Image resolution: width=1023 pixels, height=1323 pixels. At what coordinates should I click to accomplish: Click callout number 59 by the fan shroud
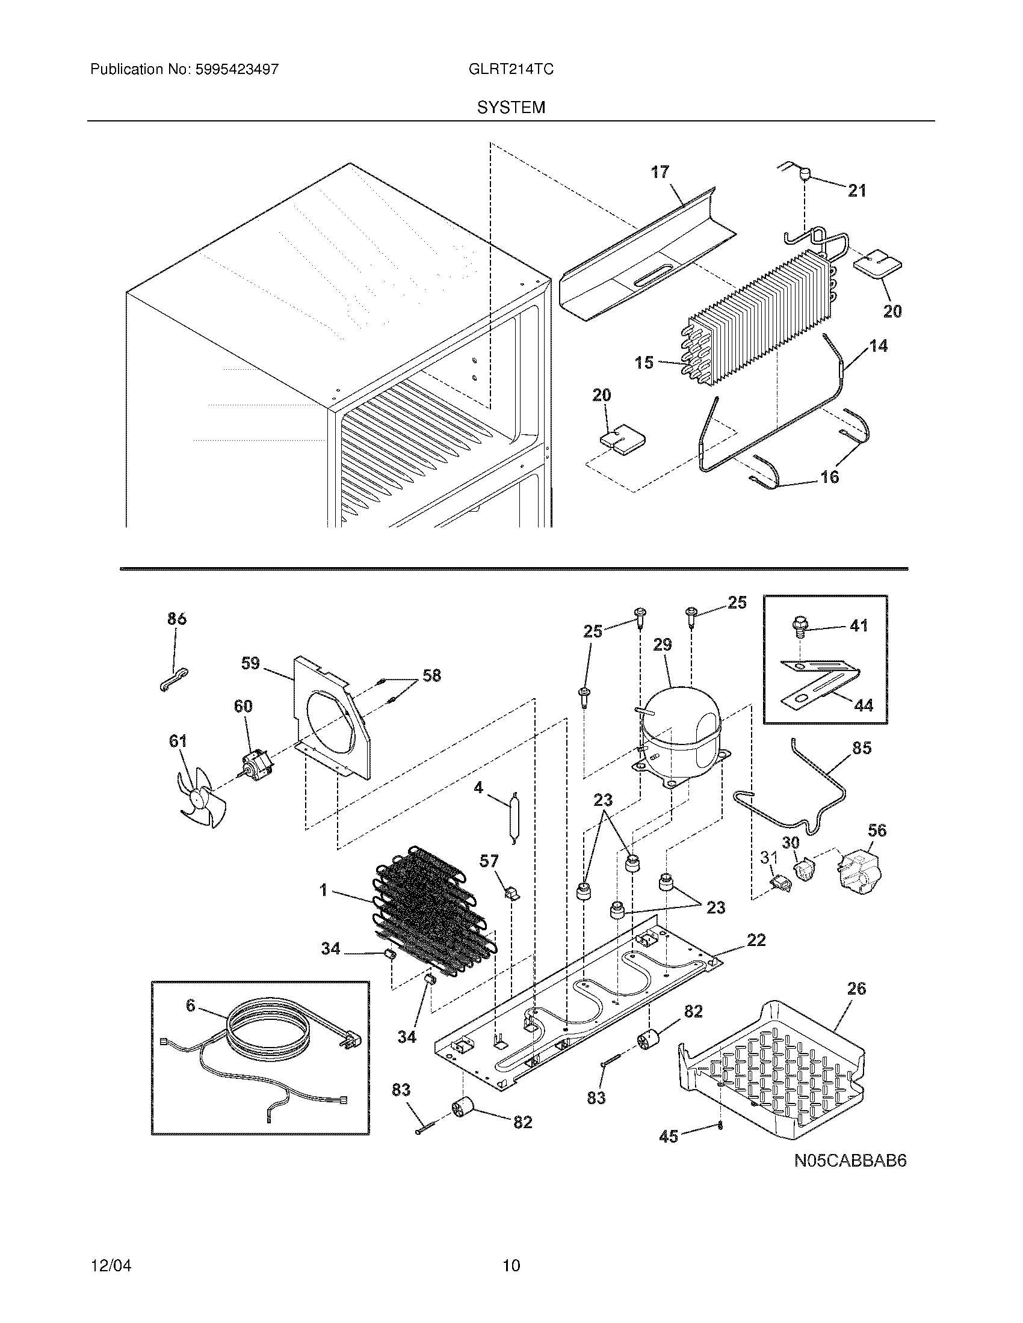tap(250, 663)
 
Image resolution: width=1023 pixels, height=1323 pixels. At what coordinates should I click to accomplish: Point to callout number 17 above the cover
tap(660, 172)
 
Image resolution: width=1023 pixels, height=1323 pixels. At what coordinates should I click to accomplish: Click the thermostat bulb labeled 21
tap(805, 174)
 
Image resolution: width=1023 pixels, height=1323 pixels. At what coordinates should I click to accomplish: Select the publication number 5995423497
tap(236, 69)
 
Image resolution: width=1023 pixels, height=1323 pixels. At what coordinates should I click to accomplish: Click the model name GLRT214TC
tap(510, 69)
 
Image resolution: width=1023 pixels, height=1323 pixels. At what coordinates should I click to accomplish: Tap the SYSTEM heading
tap(511, 107)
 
